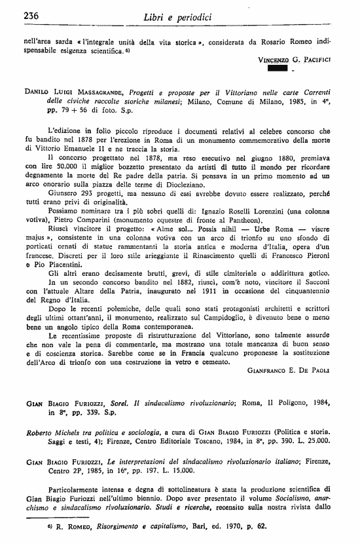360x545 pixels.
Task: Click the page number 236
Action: (x=14, y=15)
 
